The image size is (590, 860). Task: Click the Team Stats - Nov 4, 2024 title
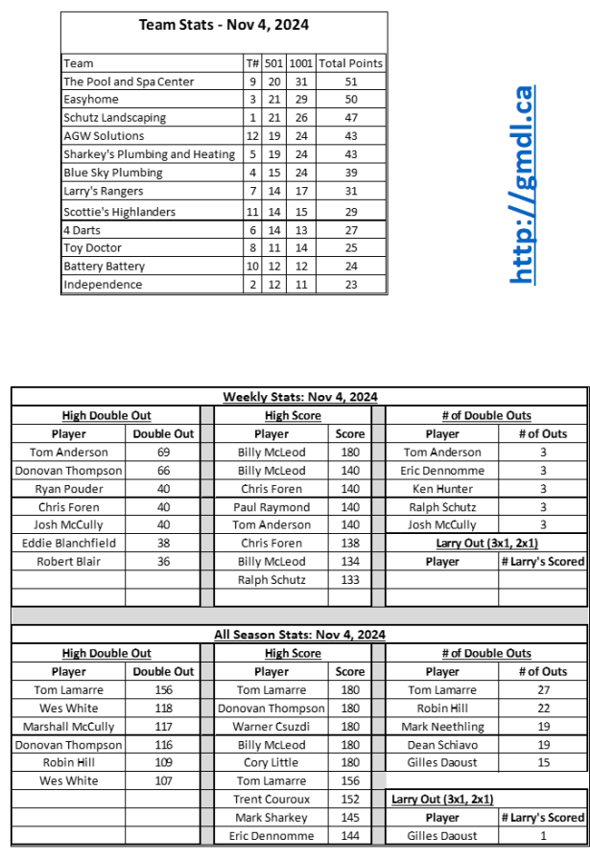pos(224,25)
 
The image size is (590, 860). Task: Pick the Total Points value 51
pos(350,81)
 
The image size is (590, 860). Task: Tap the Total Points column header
pos(350,63)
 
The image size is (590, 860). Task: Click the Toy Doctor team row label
pos(92,247)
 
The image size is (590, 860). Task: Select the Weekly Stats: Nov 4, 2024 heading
pos(300,397)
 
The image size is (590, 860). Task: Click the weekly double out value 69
pos(163,453)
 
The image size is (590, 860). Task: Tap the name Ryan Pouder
pos(69,489)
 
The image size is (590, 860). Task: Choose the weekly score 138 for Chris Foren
pos(350,544)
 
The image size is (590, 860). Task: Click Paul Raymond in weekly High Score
pos(271,507)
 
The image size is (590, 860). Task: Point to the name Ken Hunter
pos(442,489)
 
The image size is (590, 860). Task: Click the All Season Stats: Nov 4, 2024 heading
pos(300,635)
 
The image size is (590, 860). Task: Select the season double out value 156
pos(163,690)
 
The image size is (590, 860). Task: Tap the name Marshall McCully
pos(69,727)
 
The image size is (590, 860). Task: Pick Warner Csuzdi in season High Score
pos(271,727)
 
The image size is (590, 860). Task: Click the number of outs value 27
pos(542,690)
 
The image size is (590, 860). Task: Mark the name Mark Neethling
pos(442,727)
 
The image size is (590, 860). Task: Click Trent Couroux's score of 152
pos(350,800)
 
